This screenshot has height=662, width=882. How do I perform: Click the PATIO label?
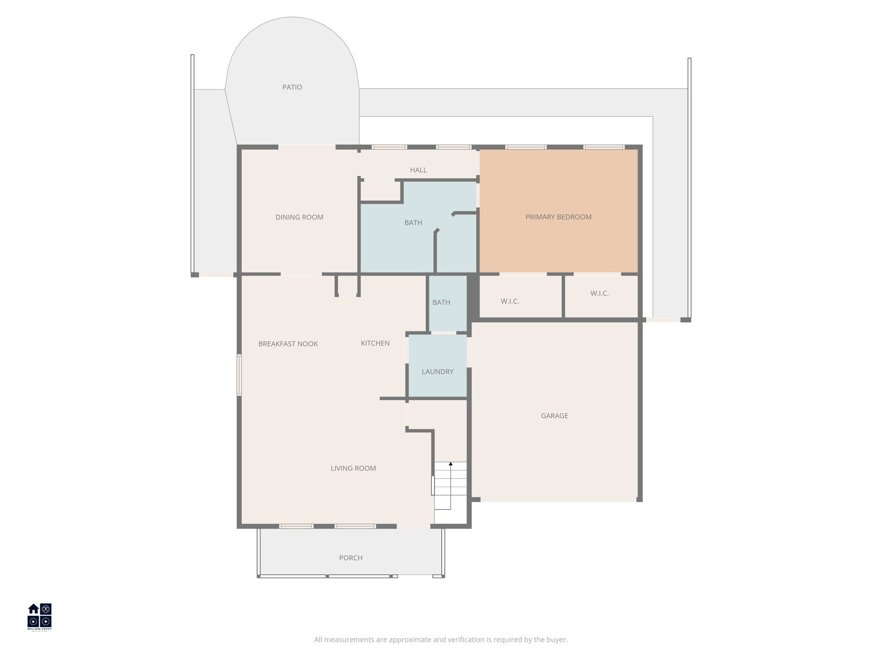pos(292,87)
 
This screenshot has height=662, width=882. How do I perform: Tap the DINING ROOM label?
pos(299,217)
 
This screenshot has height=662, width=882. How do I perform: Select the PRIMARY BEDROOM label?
pos(558,217)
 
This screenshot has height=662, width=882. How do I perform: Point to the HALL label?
pos(418,170)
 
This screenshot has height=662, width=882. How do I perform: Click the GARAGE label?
pos(554,416)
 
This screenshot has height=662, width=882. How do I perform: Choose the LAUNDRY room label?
pos(438,372)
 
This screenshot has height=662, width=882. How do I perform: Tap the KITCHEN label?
pos(375,343)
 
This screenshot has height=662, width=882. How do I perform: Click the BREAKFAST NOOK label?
pos(288,344)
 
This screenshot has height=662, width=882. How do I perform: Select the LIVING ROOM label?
pos(353,468)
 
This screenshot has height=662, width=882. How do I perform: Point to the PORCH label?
pos(351,558)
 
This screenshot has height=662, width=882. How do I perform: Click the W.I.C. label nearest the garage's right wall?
pos(599,294)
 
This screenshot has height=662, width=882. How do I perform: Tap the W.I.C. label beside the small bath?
pos(510,301)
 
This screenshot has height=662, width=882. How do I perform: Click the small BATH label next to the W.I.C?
pos(441,303)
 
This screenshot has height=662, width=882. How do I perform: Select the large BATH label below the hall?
pos(413,223)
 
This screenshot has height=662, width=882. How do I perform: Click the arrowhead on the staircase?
pos(450,464)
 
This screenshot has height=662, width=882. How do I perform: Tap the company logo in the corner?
pos(40,616)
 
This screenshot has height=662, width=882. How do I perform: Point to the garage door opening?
pos(558,500)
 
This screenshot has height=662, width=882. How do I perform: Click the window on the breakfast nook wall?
pos(239,375)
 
